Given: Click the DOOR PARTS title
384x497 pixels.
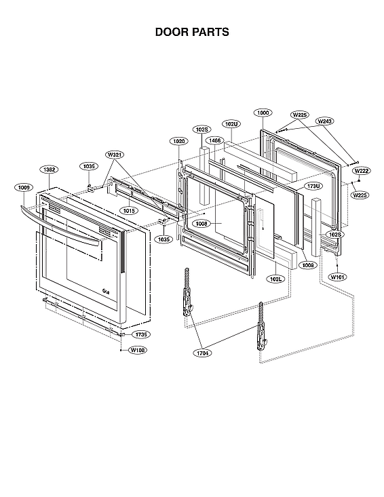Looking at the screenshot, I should pyautogui.click(x=192, y=32).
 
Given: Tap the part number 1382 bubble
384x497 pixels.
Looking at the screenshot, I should pyautogui.click(x=49, y=169).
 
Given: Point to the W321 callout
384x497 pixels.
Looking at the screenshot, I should pyautogui.click(x=115, y=155).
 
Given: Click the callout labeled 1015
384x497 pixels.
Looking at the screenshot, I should pyautogui.click(x=130, y=211).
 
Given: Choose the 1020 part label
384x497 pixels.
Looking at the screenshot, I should pyautogui.click(x=178, y=141).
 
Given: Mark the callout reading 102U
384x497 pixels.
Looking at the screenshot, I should pyautogui.click(x=231, y=124).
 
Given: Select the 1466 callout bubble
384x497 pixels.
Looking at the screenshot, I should pyautogui.click(x=215, y=140).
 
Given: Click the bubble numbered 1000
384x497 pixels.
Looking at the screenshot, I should pyautogui.click(x=263, y=113).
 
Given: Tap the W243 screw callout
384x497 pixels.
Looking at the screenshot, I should pyautogui.click(x=325, y=121).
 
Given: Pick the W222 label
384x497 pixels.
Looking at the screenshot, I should pyautogui.click(x=361, y=171).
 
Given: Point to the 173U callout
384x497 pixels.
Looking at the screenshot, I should pyautogui.click(x=313, y=186).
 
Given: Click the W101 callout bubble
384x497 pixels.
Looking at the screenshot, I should pyautogui.click(x=337, y=277).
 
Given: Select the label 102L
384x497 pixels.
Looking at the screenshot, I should pyautogui.click(x=276, y=279).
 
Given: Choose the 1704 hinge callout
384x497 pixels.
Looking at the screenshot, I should pyautogui.click(x=203, y=353).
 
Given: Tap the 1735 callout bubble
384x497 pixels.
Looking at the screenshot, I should pyautogui.click(x=140, y=334).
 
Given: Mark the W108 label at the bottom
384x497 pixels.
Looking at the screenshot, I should pyautogui.click(x=138, y=350).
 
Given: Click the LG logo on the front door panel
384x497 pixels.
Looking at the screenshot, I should pyautogui.click(x=107, y=292).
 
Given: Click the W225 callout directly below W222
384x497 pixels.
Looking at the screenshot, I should pyautogui.click(x=360, y=195).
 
